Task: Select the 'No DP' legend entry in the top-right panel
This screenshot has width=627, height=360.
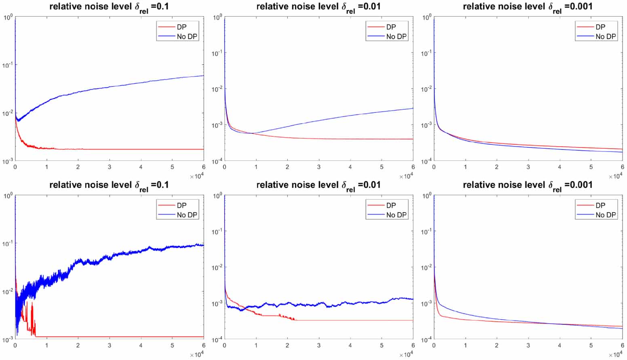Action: (x=606, y=36)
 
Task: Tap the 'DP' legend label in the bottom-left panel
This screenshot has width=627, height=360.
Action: (x=182, y=205)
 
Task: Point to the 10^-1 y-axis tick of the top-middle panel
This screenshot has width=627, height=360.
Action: (x=217, y=53)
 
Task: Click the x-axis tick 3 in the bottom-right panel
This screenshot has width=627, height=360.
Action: (x=528, y=345)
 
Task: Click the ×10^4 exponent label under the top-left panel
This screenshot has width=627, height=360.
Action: (x=197, y=176)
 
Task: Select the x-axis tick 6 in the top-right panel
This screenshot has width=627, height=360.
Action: (x=622, y=167)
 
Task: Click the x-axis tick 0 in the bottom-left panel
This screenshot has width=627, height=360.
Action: (x=15, y=345)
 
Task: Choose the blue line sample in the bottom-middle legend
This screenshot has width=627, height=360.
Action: (x=376, y=215)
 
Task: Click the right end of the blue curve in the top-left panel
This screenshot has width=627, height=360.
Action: (x=203, y=76)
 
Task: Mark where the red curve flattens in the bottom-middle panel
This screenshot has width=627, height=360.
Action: (x=296, y=320)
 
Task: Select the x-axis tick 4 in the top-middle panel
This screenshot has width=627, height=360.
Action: (x=350, y=167)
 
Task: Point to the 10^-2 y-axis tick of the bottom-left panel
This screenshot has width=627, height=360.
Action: (x=7, y=291)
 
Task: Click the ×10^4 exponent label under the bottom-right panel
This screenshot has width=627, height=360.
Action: (x=616, y=355)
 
